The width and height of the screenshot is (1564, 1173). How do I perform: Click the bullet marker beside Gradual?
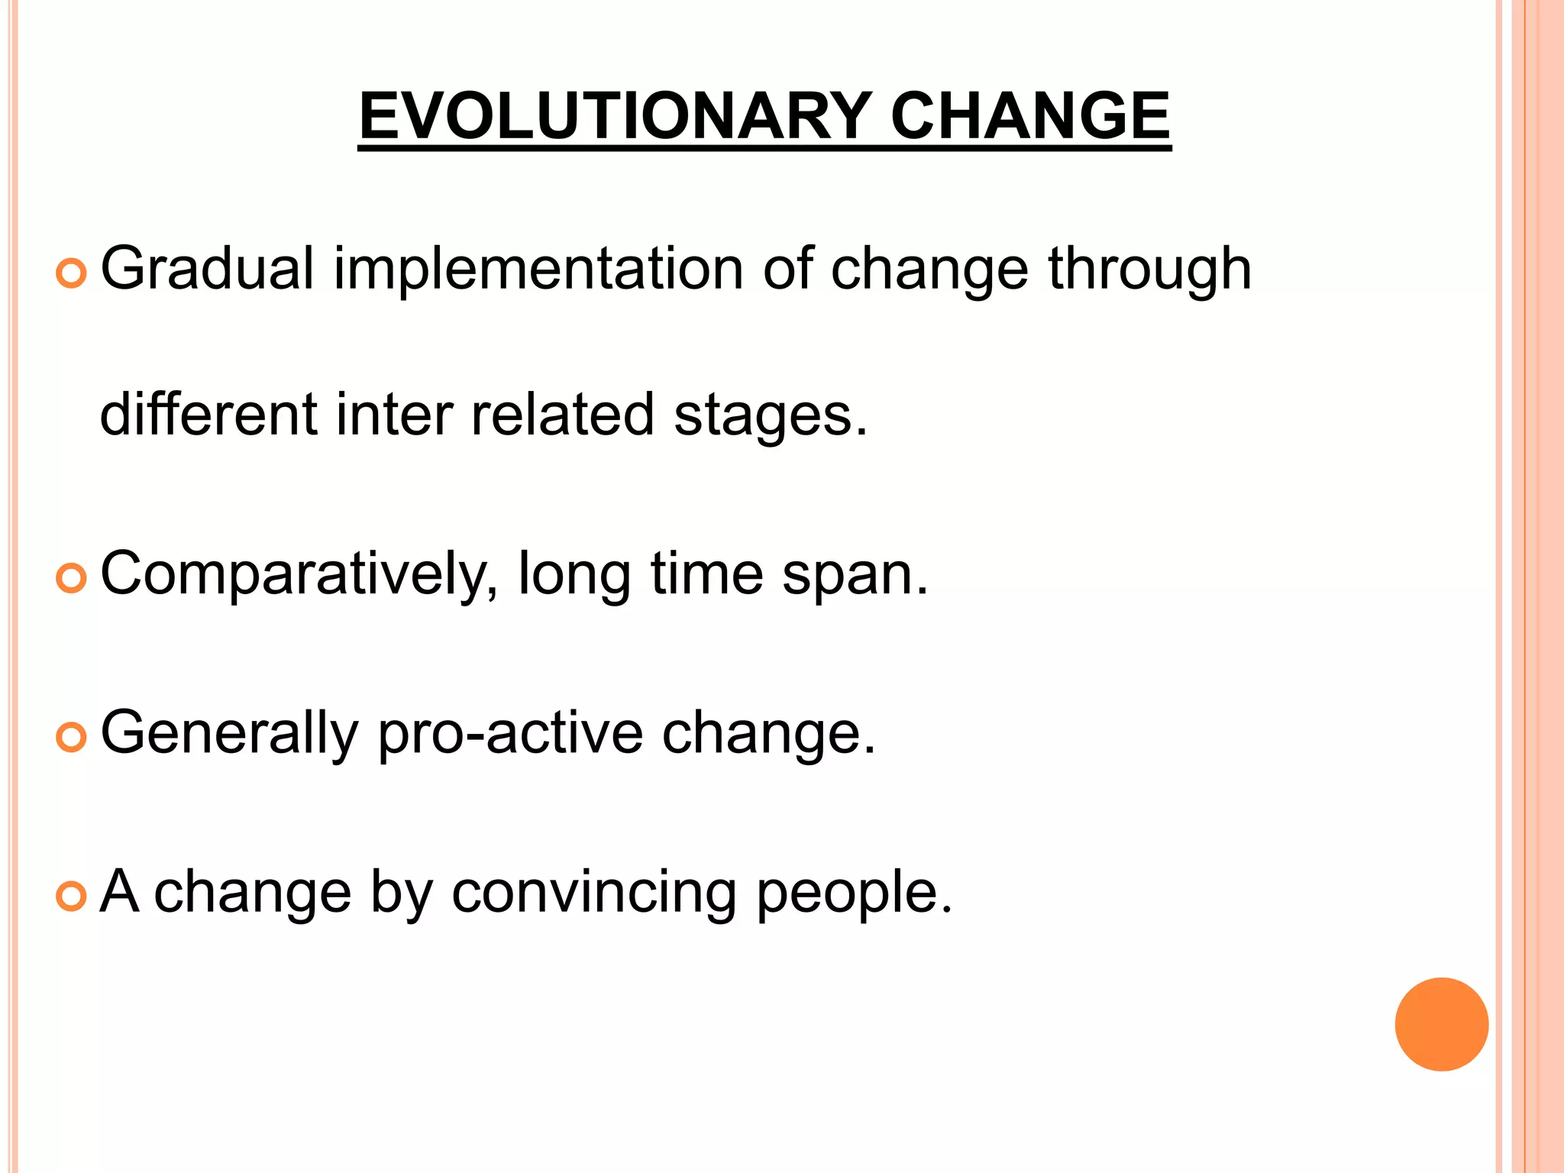click(72, 273)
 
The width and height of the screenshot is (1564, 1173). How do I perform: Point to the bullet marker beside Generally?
click(72, 738)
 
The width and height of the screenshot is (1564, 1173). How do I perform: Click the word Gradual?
click(207, 269)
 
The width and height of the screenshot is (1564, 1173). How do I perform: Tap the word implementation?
click(538, 269)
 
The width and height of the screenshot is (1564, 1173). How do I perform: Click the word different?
click(208, 415)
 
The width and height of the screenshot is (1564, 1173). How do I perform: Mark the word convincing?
click(593, 892)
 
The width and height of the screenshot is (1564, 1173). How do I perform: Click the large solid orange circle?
click(1441, 1024)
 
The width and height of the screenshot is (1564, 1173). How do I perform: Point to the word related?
click(562, 415)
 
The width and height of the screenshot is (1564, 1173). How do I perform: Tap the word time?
click(706, 574)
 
